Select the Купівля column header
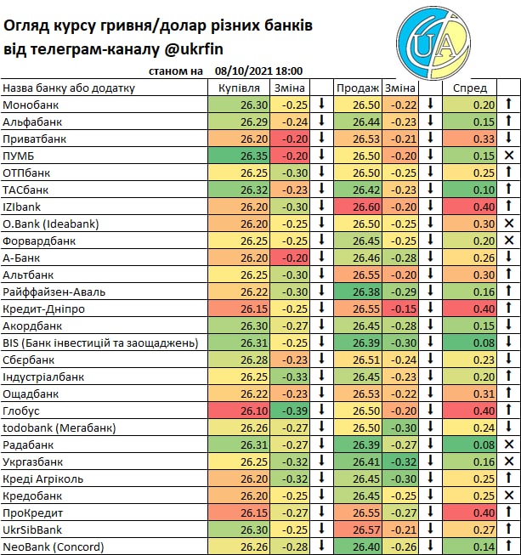238,88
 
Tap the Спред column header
470,88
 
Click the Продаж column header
357,88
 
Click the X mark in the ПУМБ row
509,156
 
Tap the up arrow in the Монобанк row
509,105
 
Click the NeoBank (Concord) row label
53,547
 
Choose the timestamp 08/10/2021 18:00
259,71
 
